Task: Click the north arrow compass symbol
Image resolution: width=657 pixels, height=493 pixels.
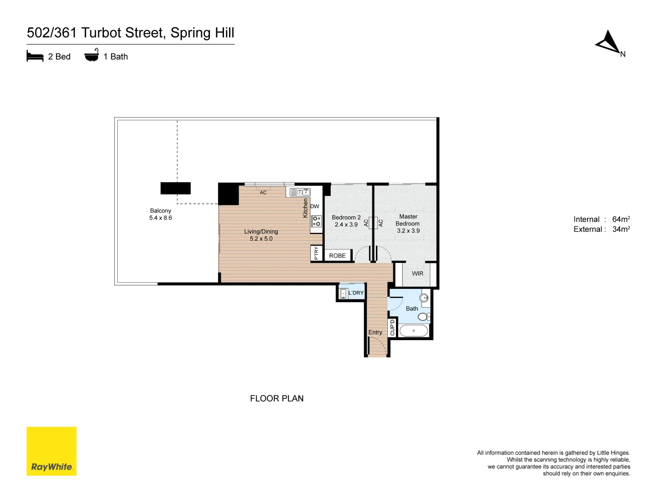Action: pyautogui.click(x=609, y=43)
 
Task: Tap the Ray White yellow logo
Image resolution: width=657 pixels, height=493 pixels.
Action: pyautogui.click(x=52, y=451)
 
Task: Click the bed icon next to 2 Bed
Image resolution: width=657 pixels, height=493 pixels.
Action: pyautogui.click(x=35, y=57)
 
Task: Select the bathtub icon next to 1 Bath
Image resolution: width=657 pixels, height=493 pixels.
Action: pyautogui.click(x=91, y=56)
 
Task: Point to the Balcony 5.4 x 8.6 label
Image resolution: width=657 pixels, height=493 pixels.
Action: pyautogui.click(x=161, y=214)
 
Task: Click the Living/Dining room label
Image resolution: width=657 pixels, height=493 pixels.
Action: pyautogui.click(x=261, y=235)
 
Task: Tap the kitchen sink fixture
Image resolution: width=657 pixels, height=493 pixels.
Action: pyautogui.click(x=300, y=192)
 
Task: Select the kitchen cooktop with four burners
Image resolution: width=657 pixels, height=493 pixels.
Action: pyautogui.click(x=316, y=221)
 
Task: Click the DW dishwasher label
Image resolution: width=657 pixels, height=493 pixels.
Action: pyautogui.click(x=315, y=206)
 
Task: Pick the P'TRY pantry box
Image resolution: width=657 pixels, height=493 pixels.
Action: pyautogui.click(x=316, y=253)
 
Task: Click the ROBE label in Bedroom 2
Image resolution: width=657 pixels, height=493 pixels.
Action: pyautogui.click(x=338, y=256)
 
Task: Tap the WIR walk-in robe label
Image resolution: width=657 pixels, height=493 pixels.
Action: pyautogui.click(x=417, y=273)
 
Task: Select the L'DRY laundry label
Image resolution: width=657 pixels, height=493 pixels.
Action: pyautogui.click(x=356, y=293)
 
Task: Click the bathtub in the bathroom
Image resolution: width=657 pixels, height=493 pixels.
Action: pyautogui.click(x=414, y=330)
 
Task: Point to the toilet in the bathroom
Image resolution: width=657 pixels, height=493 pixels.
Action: pyautogui.click(x=423, y=316)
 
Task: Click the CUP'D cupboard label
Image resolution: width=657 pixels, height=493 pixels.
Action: pyautogui.click(x=392, y=328)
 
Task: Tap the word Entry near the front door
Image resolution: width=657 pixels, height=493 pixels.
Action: pyautogui.click(x=375, y=332)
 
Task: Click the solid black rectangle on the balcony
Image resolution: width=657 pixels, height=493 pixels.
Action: pyautogui.click(x=176, y=188)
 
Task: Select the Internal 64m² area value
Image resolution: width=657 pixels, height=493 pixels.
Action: pyautogui.click(x=621, y=219)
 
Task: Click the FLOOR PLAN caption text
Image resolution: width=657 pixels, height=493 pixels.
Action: pyautogui.click(x=276, y=399)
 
